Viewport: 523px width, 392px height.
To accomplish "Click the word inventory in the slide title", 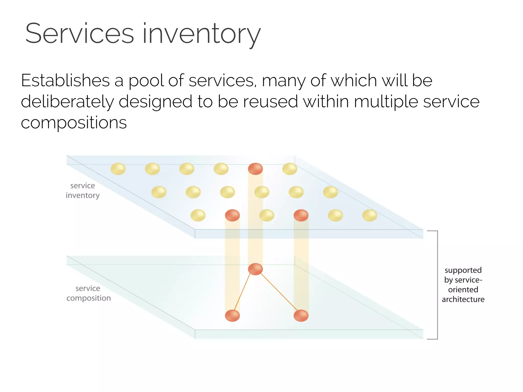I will point(201,34).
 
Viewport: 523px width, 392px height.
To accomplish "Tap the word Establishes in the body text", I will point(65,81).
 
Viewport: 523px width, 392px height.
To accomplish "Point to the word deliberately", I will point(67,102).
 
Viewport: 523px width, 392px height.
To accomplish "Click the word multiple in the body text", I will point(386,102).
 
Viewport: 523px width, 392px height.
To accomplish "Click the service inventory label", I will point(82,190).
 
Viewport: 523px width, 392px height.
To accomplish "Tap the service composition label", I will point(88,293).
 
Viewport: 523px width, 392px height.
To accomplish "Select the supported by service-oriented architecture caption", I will point(463,285).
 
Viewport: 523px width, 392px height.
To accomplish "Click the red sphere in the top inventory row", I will point(255,169).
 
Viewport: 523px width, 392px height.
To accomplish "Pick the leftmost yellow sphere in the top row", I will point(118,169).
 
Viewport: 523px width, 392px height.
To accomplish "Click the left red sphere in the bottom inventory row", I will point(232,215).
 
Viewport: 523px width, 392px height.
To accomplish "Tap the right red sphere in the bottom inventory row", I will point(301,215).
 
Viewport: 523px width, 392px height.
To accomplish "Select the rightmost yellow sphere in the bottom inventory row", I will point(370,215).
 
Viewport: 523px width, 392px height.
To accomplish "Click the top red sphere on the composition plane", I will point(255,269).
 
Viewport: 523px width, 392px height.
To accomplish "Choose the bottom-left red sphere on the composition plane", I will point(232,316).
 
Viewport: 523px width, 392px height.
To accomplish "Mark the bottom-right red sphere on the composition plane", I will point(301,316).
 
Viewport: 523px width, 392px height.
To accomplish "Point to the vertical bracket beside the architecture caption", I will point(437,285).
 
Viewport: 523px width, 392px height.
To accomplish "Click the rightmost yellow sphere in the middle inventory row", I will point(330,192).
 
